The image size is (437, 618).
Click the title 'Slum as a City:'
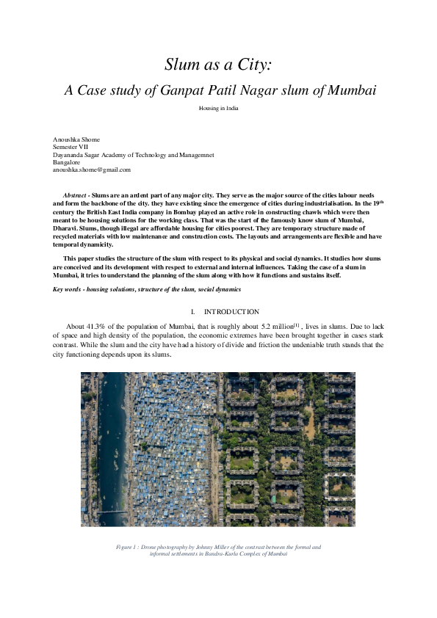(218, 65)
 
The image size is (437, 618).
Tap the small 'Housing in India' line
(218, 108)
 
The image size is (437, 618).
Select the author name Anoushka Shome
(76, 139)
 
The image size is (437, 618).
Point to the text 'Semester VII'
(71, 147)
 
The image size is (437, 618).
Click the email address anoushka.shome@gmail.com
(91, 170)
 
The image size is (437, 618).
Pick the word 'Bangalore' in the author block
(67, 162)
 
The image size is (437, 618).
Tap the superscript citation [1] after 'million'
(297, 323)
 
